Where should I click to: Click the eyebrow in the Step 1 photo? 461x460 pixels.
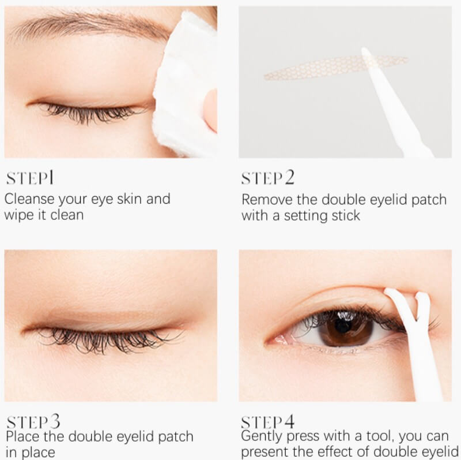click(x=88, y=24)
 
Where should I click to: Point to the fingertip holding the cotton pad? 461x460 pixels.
click(x=210, y=110)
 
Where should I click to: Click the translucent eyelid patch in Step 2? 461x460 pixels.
click(x=335, y=68)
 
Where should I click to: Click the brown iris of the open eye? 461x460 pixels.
click(x=346, y=329)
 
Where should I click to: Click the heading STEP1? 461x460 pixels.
click(x=30, y=178)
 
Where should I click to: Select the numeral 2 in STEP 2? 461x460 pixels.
click(x=289, y=177)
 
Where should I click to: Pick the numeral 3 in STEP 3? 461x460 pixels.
click(x=55, y=421)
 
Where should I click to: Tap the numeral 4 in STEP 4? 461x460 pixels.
click(x=289, y=421)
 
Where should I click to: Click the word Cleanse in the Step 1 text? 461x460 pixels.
click(x=30, y=199)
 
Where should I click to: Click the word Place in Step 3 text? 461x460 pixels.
click(x=23, y=436)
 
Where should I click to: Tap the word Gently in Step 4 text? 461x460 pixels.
click(x=262, y=437)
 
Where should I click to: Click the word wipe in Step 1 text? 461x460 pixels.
click(x=20, y=215)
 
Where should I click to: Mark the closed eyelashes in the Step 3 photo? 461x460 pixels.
click(x=112, y=340)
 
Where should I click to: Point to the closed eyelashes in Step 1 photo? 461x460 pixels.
click(x=94, y=113)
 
